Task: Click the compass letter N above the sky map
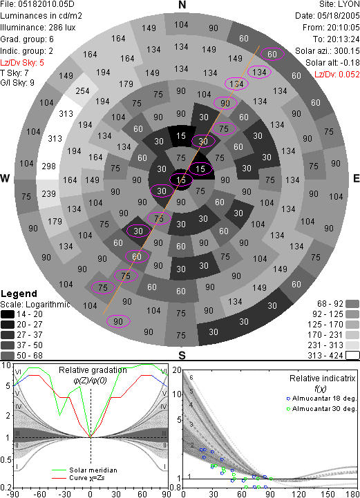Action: point(182,5)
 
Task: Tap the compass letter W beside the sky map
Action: point(5,178)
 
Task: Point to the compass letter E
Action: point(356,178)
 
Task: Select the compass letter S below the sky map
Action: point(182,355)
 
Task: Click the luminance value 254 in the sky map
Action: point(82,91)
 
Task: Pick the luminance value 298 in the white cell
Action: point(48,166)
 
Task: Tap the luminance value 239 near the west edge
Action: point(48,193)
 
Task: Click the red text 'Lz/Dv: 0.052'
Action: point(337,75)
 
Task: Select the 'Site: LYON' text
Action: point(339,4)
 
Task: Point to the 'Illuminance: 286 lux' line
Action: point(38,28)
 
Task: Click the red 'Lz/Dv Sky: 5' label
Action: point(22,63)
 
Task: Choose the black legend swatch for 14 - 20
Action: point(8,314)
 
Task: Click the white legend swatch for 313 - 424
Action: point(352,356)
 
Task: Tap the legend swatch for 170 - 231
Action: point(352,335)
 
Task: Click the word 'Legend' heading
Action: point(19,294)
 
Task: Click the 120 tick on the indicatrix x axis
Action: point(299,494)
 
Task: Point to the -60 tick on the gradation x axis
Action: point(39,494)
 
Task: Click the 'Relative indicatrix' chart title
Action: point(323,379)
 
